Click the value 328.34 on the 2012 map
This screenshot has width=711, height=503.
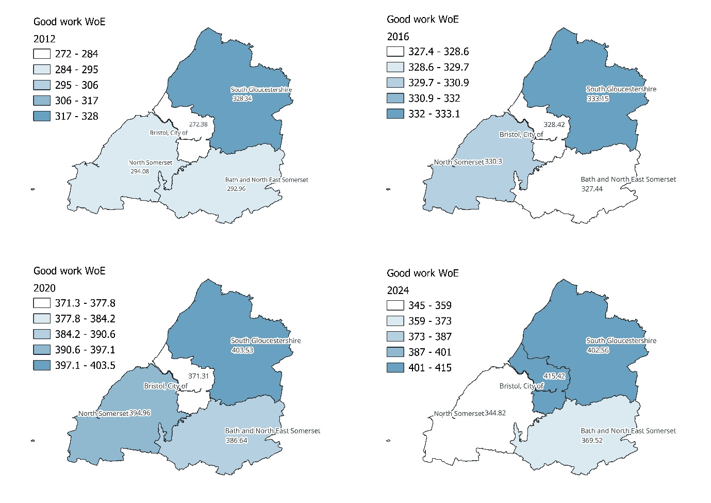click(242, 99)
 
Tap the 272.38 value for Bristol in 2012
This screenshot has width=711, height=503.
click(198, 124)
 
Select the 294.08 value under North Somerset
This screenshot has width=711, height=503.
click(140, 171)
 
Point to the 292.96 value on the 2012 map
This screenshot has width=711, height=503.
click(236, 189)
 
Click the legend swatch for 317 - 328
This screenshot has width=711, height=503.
click(42, 116)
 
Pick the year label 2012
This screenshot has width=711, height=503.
click(44, 39)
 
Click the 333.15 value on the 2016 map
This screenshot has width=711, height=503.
click(598, 99)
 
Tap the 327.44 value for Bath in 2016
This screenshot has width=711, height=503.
click(592, 189)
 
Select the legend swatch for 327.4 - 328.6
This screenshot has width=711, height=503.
click(395, 52)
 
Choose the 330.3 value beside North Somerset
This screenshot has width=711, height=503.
click(493, 161)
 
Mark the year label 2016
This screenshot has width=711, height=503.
click(398, 37)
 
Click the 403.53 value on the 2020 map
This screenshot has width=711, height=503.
click(242, 350)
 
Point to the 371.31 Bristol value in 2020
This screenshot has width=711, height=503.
click(199, 376)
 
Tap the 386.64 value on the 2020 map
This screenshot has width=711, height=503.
click(237, 441)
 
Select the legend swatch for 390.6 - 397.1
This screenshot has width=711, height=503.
click(42, 350)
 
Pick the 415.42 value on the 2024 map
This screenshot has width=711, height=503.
click(554, 376)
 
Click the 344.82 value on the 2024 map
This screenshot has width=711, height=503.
click(495, 413)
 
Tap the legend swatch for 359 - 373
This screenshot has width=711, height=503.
click(395, 321)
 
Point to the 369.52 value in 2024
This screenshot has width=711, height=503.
click(592, 441)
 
